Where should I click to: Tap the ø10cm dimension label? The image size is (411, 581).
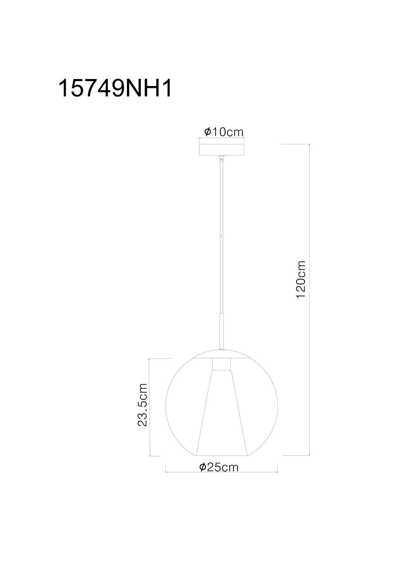(224, 132)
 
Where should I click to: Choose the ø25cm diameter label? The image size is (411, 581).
(219, 467)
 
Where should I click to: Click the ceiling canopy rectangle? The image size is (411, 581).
(222, 150)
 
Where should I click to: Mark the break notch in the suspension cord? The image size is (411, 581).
(222, 236)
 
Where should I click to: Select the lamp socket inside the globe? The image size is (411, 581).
(222, 364)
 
